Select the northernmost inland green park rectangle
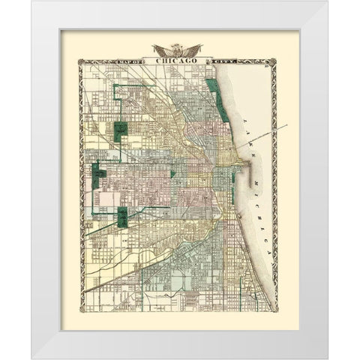click(121, 130)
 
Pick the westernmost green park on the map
click(98, 176)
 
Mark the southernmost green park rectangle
click(122, 217)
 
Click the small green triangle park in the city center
click(172, 173)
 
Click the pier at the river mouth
click(238, 161)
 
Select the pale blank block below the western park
click(109, 198)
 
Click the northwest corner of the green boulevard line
click(115, 86)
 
